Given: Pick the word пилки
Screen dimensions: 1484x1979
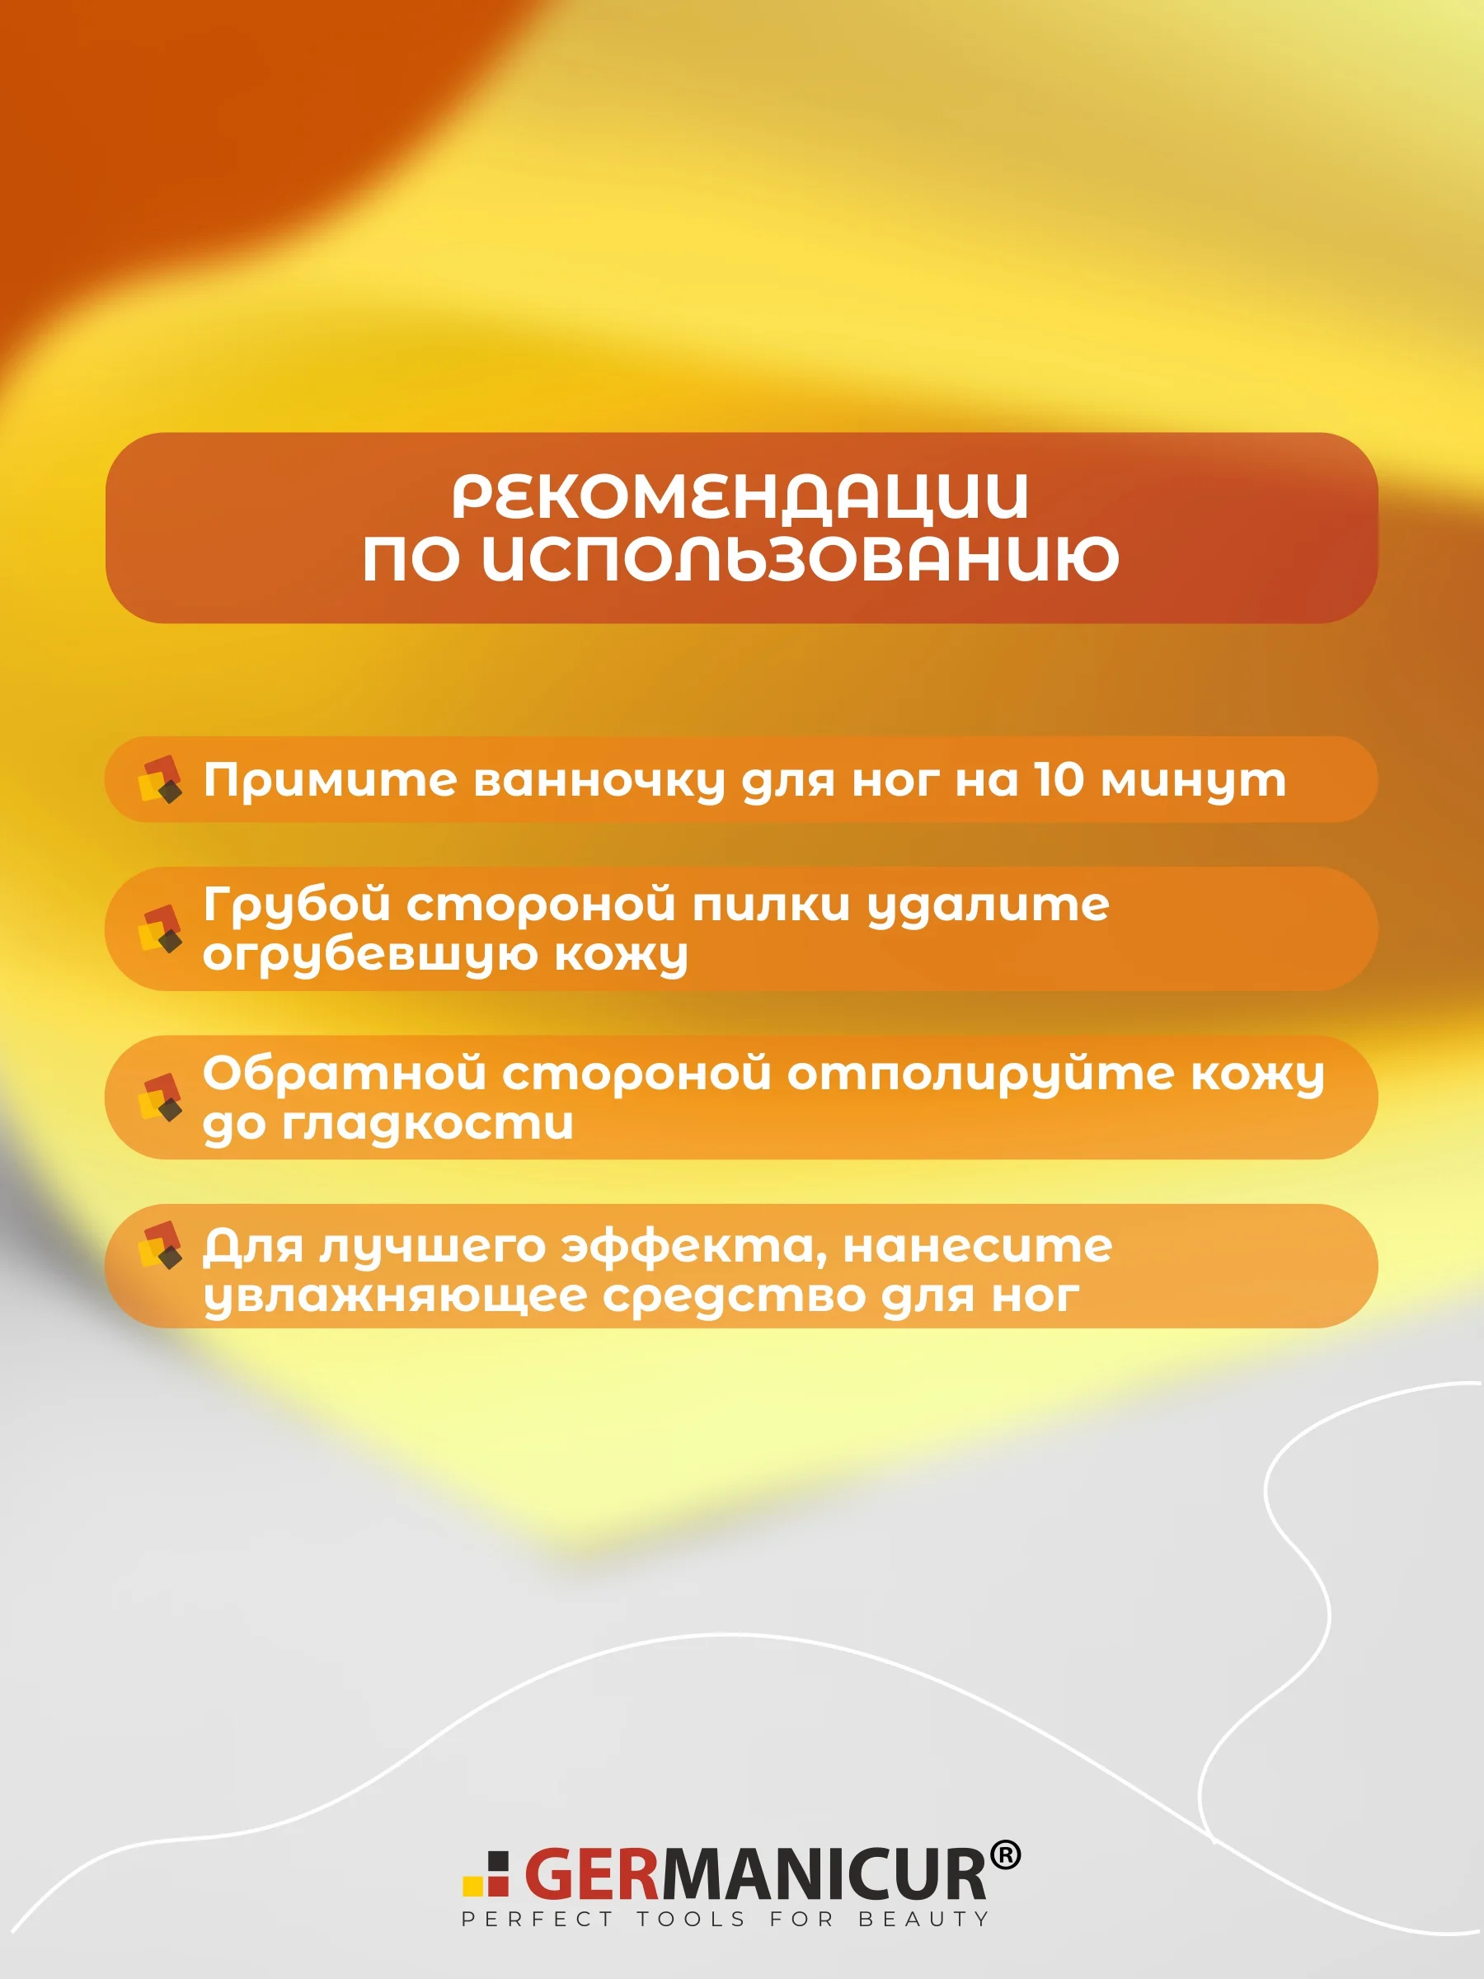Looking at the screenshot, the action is (x=771, y=905).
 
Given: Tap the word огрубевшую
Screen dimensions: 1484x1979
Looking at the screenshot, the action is (x=369, y=957).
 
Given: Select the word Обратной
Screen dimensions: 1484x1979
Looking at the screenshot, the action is (x=345, y=1072).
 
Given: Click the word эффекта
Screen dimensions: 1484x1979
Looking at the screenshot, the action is (x=694, y=1246).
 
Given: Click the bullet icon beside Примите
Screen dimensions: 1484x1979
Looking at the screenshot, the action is (x=160, y=779).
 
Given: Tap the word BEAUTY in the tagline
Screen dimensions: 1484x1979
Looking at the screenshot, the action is (x=923, y=1919).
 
